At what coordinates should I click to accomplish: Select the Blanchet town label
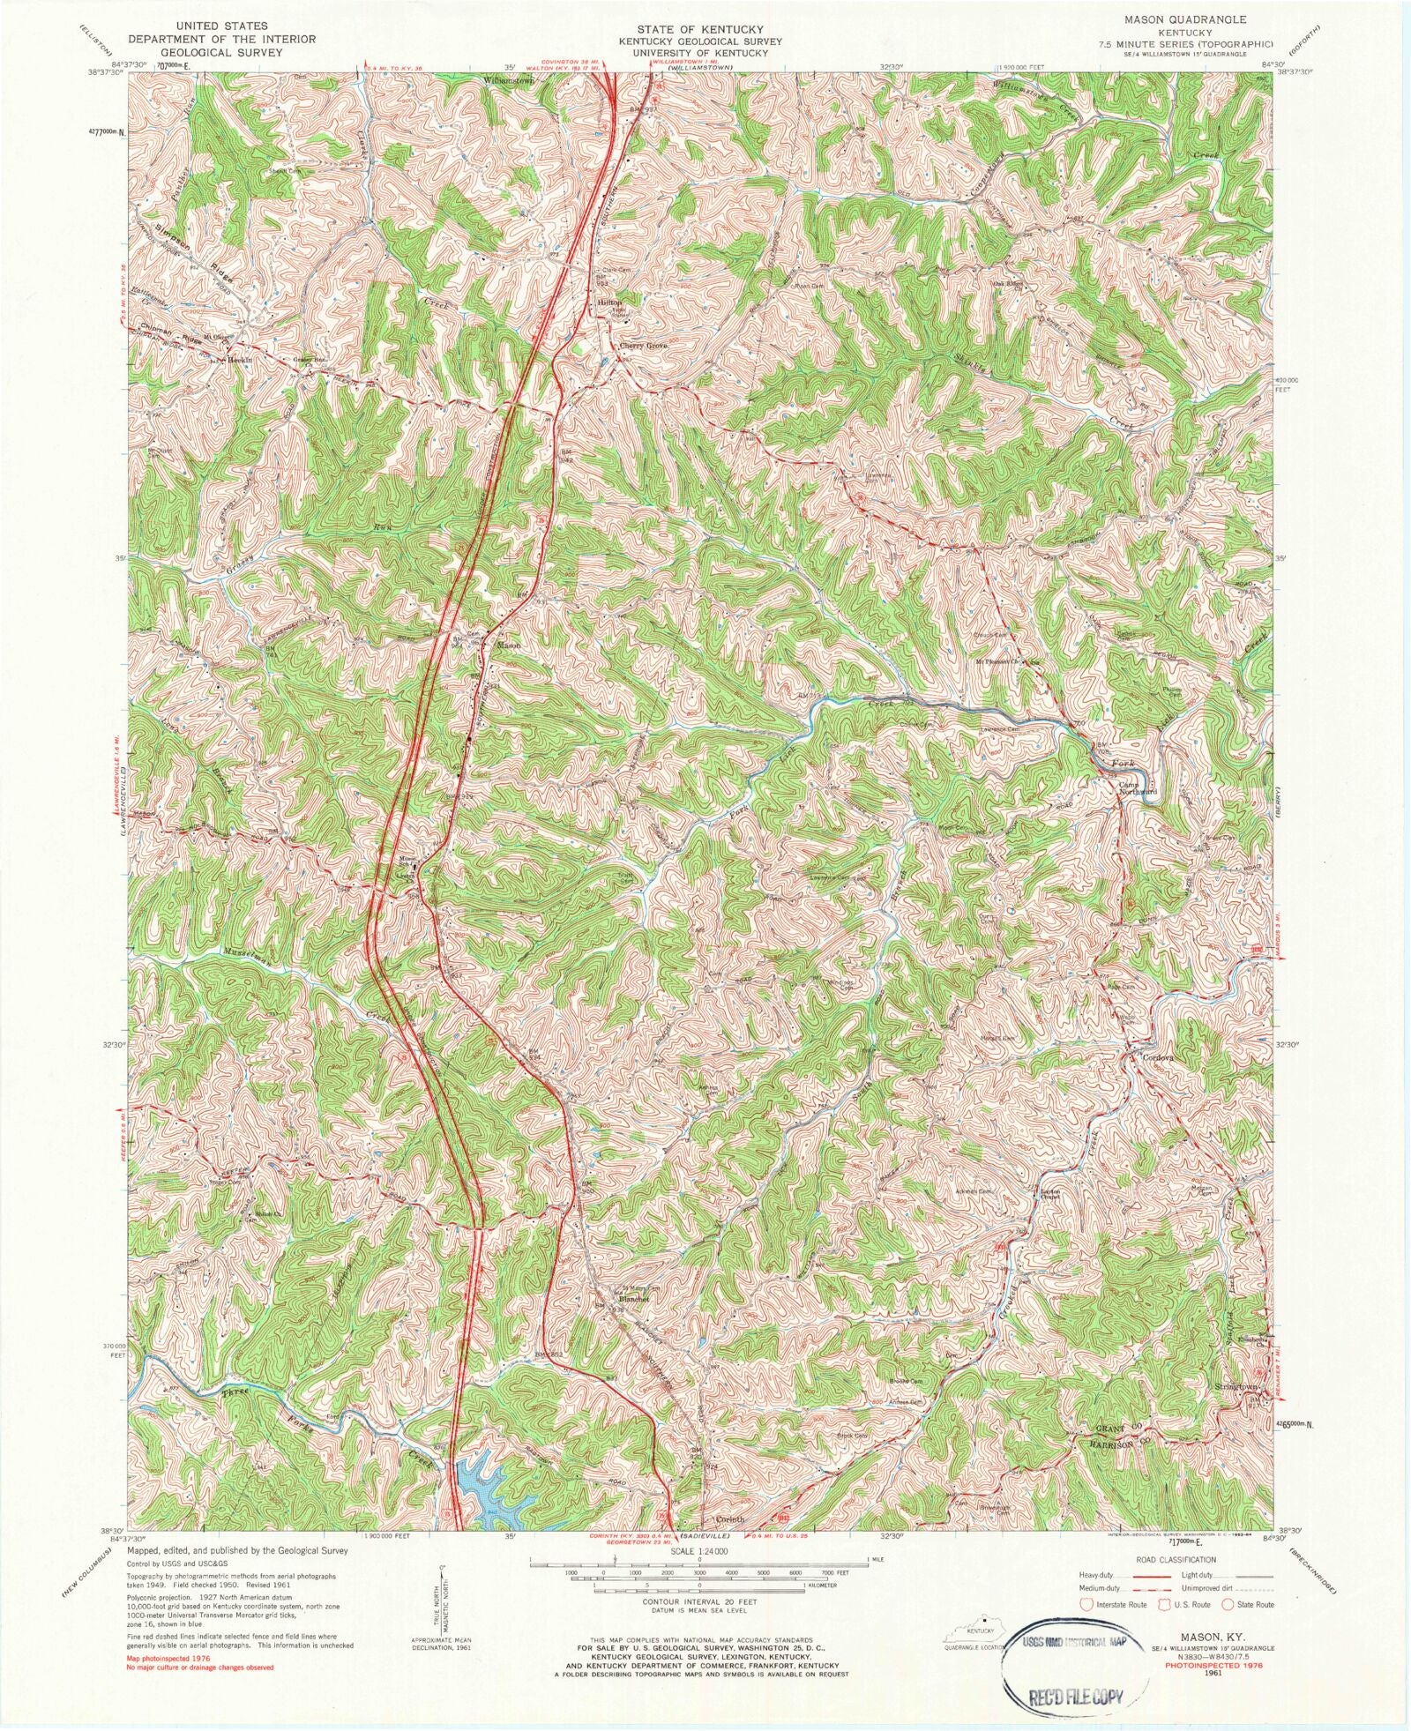click(x=633, y=1300)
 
